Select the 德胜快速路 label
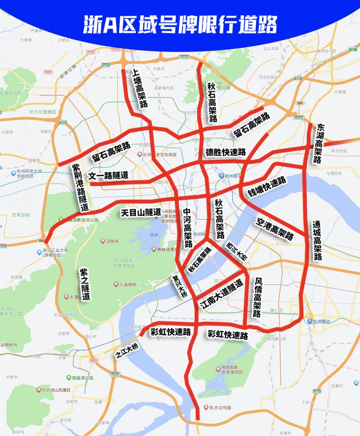[x=226, y=152]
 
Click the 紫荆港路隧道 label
[x=81, y=187]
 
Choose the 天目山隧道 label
[x=140, y=212]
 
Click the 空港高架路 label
[x=274, y=228]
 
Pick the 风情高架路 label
[x=258, y=297]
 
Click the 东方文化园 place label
[x=220, y=408]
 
